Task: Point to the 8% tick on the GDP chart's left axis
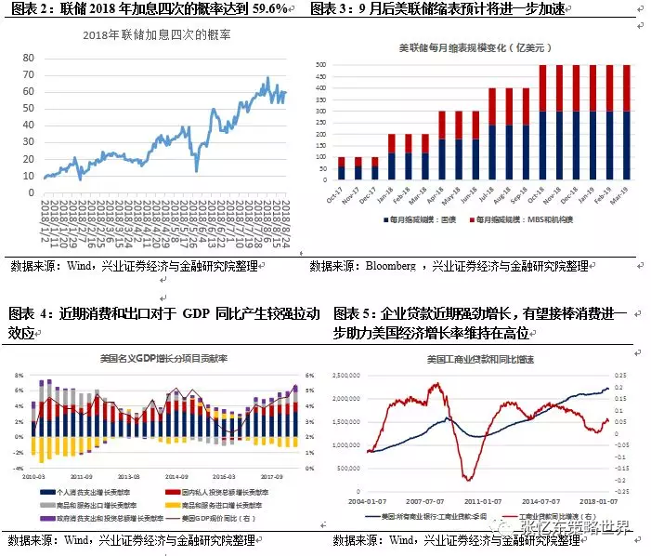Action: click(x=20, y=377)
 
